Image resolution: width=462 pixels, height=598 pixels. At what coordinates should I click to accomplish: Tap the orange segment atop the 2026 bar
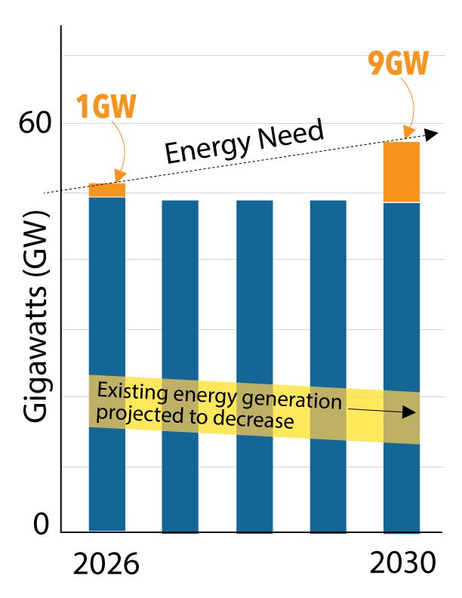[x=107, y=190]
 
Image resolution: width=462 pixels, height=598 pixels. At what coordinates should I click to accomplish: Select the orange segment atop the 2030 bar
[x=402, y=172]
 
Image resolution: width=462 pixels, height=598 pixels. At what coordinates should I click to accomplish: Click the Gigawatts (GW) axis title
[x=36, y=317]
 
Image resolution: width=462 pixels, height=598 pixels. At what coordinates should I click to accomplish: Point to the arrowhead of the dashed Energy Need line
[x=431, y=134]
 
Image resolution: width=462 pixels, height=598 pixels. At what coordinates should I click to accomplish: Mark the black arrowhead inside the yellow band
[x=411, y=412]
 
